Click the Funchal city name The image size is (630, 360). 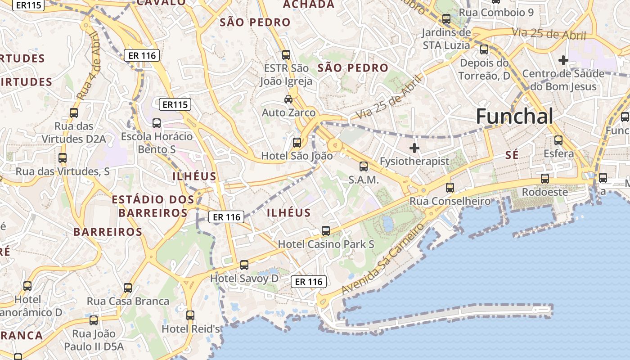(x=514, y=117)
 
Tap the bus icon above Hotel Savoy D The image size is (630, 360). (x=244, y=265)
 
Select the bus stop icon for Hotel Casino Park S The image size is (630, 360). (x=326, y=231)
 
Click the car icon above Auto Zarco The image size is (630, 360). (x=288, y=99)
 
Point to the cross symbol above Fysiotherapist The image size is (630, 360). (x=414, y=148)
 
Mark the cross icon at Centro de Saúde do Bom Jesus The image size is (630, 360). (x=563, y=60)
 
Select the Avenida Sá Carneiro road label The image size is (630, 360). (x=383, y=258)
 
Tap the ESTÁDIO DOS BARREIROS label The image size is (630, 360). (x=153, y=206)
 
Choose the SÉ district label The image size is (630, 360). (x=512, y=155)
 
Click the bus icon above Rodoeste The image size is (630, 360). (x=545, y=179)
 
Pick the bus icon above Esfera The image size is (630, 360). (x=558, y=140)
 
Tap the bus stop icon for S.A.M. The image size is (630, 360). (x=364, y=166)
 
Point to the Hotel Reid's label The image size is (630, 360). (x=191, y=329)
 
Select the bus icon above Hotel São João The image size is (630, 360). (x=297, y=143)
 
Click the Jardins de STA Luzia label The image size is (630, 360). (x=446, y=39)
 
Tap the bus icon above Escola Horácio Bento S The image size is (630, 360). (x=157, y=123)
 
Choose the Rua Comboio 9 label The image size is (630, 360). (x=496, y=12)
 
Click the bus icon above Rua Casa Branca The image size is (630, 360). (x=128, y=288)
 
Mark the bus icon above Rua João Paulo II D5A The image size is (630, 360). (x=94, y=320)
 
